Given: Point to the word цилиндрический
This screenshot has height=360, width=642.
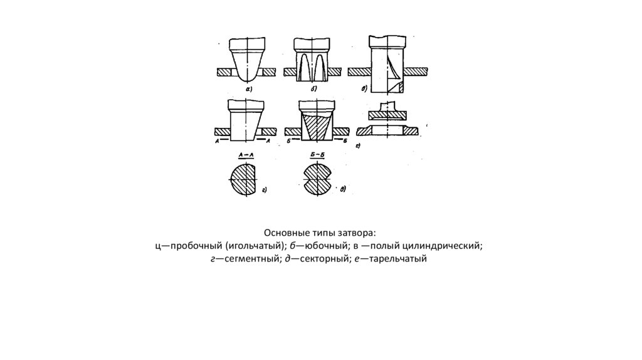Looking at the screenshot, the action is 444,246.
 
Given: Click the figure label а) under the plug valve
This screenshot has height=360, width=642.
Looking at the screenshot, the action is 248,89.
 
